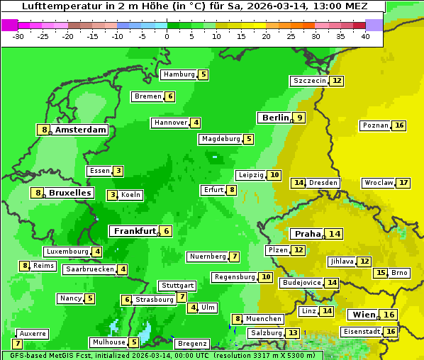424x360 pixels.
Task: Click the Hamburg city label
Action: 179,74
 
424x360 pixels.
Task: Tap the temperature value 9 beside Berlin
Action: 300,118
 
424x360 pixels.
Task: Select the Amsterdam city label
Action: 81,130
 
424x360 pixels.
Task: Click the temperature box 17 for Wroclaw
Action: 403,183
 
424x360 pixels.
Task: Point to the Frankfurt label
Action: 135,230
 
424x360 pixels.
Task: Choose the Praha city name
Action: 308,234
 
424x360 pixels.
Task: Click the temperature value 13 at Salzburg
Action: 293,333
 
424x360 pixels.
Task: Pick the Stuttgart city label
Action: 177,286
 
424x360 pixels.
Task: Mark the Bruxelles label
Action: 69,193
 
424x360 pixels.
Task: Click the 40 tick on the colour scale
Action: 365,36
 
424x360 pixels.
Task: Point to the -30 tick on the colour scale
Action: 18,36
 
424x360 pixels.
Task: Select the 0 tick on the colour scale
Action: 167,36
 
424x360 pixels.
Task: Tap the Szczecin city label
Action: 309,81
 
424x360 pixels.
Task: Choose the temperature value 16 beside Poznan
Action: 399,125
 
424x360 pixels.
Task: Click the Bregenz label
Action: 191,344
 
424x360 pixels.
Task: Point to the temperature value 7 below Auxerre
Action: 17,344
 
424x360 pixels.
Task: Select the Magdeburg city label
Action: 221,139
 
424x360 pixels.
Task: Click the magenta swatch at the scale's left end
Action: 9,25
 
